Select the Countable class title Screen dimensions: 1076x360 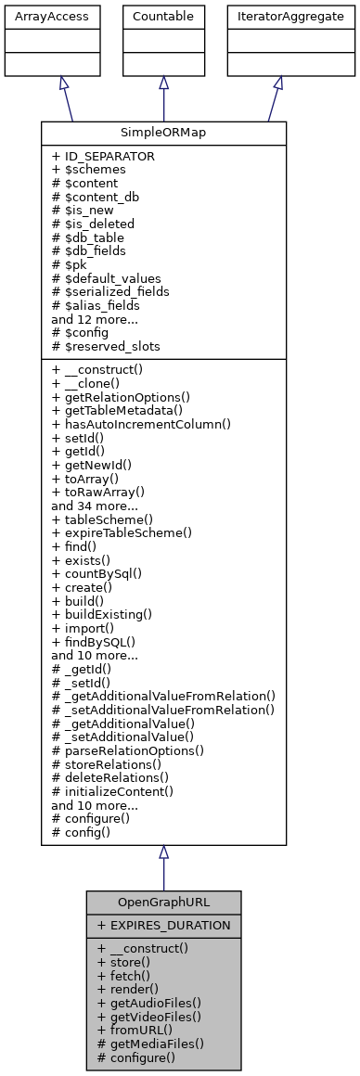tap(163, 17)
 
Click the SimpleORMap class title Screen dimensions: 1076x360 tap(163, 133)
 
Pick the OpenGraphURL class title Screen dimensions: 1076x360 tap(163, 902)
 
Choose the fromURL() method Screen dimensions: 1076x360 tap(135, 1030)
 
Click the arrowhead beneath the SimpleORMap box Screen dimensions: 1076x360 tap(163, 852)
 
